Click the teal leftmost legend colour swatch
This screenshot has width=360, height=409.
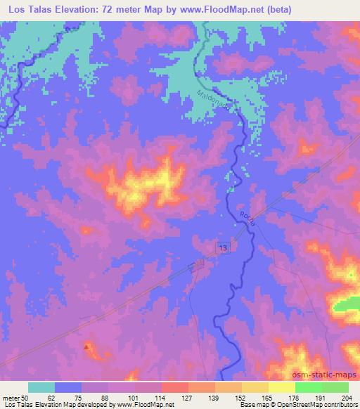(x=41, y=387)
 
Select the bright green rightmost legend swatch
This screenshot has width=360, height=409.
(x=335, y=387)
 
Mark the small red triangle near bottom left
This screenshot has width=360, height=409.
(x=87, y=346)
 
